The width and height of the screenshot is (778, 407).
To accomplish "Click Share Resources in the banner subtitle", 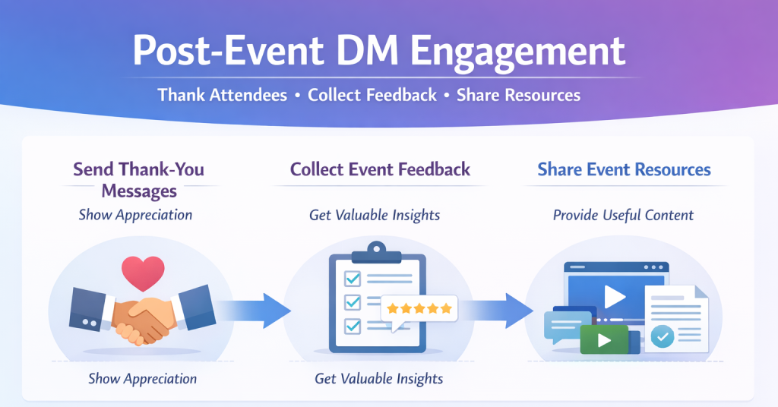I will click(518, 95).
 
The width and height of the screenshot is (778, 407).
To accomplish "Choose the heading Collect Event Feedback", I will click(380, 169).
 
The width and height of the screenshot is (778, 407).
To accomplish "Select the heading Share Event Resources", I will click(624, 169).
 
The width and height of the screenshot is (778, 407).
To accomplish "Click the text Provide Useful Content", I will click(623, 215).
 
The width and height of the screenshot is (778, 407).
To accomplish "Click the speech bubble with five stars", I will click(419, 309).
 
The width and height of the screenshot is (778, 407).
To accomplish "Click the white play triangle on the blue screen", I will click(615, 296).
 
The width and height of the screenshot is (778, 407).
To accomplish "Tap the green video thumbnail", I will click(604, 339).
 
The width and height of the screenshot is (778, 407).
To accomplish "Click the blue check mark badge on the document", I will click(662, 336).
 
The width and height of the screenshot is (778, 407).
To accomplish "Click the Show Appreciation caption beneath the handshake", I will click(142, 378).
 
